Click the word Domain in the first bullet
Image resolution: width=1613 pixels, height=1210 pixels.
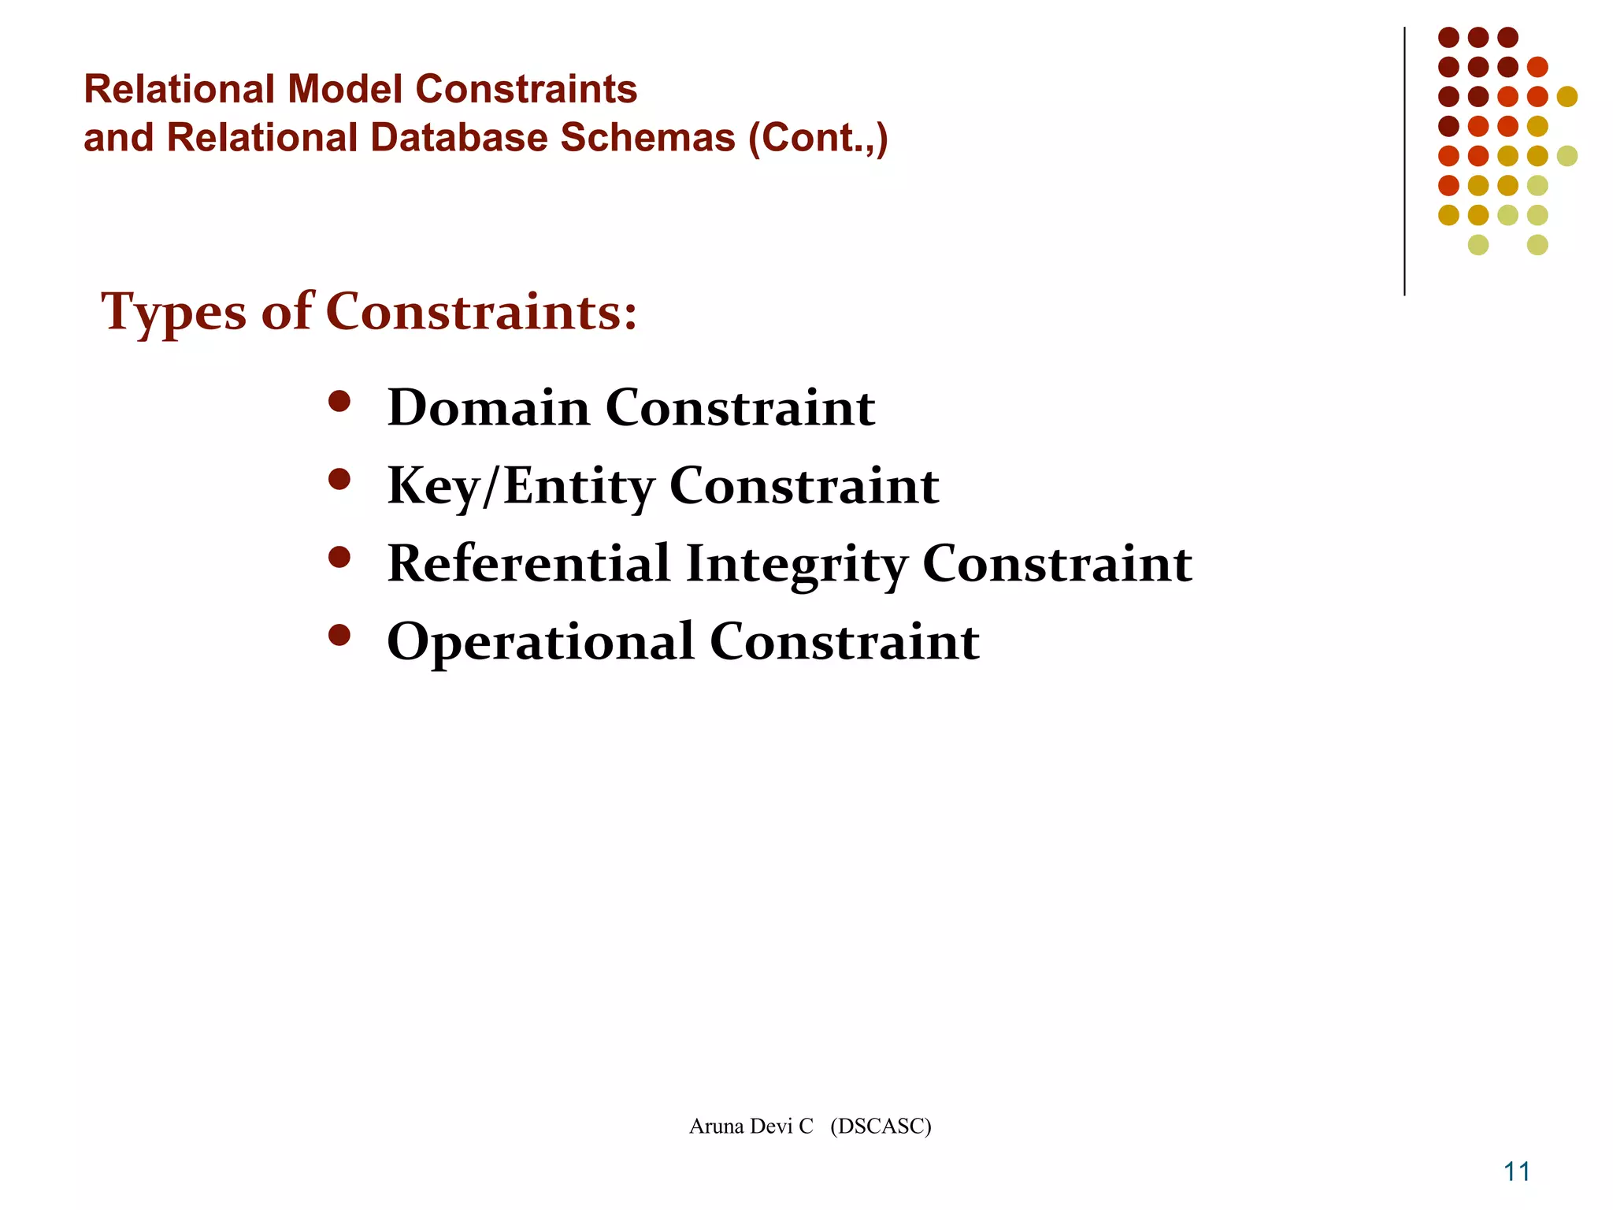488,408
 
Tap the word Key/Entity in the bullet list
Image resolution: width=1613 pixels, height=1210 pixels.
521,486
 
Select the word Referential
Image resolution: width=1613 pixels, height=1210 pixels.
528,564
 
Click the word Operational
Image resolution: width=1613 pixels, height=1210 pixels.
540,641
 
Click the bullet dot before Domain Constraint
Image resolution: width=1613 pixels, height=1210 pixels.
339,403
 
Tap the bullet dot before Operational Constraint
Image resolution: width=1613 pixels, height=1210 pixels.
339,635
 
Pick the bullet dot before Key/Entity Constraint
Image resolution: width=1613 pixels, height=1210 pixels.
339,480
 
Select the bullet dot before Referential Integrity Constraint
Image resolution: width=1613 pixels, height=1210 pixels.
339,558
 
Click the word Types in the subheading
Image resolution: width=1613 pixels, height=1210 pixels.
173,313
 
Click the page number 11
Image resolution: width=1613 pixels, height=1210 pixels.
1517,1172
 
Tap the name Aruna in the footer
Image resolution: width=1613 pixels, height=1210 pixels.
716,1126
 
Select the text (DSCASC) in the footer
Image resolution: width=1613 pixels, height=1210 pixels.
881,1126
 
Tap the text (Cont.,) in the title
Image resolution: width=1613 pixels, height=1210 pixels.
818,139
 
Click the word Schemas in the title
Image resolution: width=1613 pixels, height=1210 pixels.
647,138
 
